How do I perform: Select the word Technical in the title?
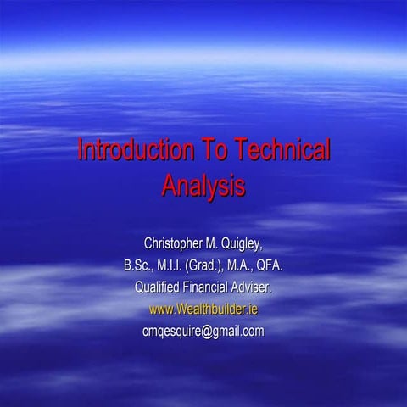point(276,152)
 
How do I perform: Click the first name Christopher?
point(176,246)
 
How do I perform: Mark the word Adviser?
point(258,288)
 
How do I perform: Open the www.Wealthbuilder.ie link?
point(203,309)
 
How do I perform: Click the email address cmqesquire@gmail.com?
point(203,331)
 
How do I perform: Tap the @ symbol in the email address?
point(215,331)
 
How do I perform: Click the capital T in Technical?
point(231,152)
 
